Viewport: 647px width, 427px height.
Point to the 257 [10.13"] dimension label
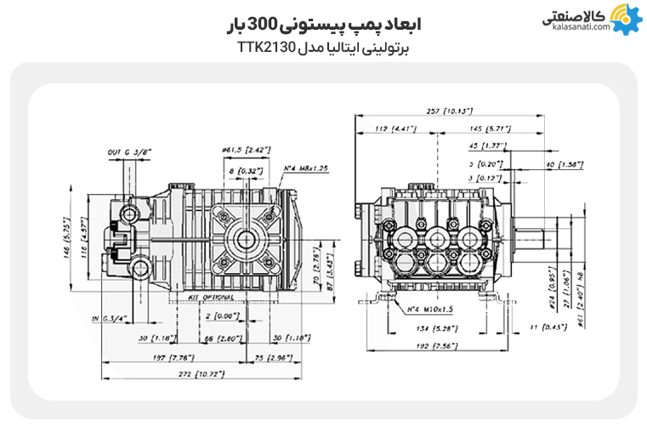point(450,111)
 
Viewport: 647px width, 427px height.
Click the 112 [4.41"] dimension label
point(391,128)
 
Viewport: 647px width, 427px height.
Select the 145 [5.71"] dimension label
point(488,128)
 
